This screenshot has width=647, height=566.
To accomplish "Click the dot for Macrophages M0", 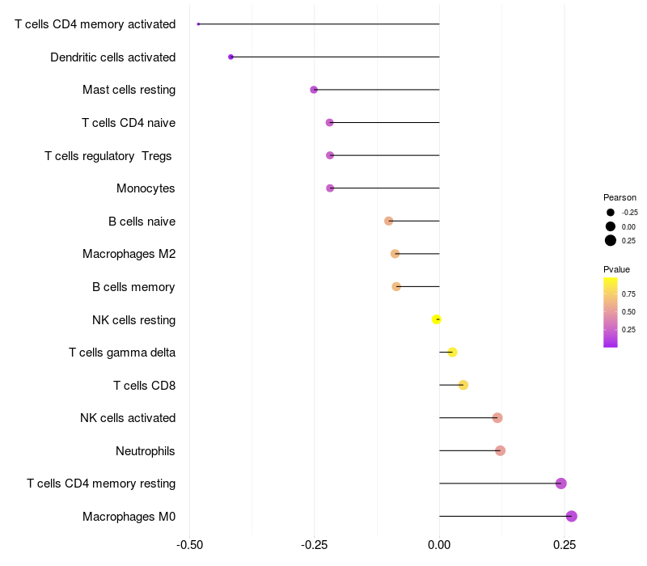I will click(571, 516).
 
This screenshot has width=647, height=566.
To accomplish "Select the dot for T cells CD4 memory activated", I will click(198, 24).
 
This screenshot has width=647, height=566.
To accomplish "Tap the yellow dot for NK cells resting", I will click(437, 319).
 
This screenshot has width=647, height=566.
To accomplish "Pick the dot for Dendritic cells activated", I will click(231, 57).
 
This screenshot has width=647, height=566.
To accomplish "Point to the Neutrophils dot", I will click(500, 450).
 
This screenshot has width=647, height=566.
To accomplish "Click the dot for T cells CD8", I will click(463, 385).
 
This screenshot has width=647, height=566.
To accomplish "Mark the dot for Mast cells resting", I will click(314, 90).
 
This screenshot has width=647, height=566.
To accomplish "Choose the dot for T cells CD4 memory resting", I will click(561, 484).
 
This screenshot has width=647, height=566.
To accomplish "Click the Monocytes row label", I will click(146, 188).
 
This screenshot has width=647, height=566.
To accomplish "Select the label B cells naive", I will click(142, 222).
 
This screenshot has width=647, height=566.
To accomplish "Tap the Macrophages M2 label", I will click(129, 254).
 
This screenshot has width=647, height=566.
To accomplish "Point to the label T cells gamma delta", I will click(122, 353).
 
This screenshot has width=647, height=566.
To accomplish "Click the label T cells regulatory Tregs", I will click(109, 155).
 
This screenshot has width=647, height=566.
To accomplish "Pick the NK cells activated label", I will click(128, 418).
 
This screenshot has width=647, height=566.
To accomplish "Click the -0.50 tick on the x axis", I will click(189, 546).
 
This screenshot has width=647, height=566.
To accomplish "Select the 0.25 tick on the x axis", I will click(565, 546).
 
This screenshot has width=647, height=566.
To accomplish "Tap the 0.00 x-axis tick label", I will click(439, 546).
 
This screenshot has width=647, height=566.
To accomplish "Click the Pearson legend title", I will click(620, 197).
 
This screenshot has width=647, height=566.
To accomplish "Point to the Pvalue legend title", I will click(616, 269).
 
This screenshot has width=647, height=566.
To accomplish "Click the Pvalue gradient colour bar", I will click(611, 312).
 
